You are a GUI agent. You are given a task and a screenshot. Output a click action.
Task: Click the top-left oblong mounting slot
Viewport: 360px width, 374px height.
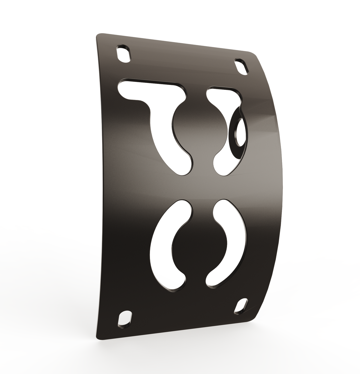tap(123, 54)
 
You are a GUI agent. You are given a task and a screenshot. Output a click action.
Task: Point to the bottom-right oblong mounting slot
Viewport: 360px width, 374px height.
tap(241, 305)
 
